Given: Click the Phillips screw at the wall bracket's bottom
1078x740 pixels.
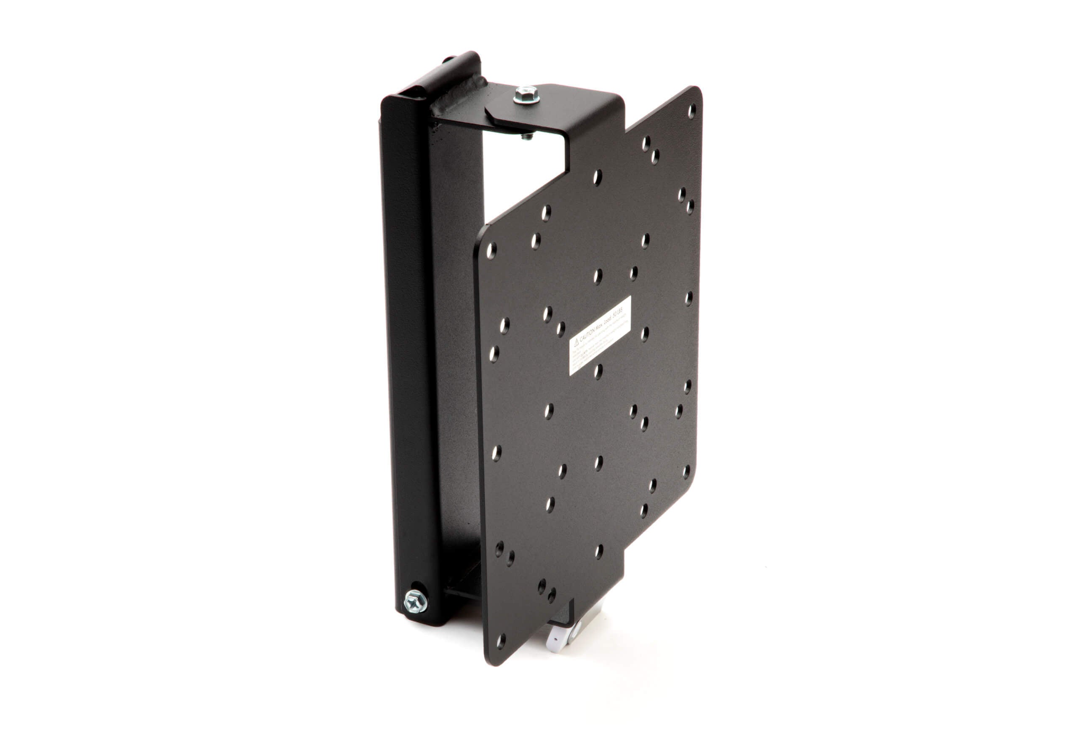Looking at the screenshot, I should point(415,602).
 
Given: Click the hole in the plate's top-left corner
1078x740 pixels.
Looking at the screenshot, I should point(491,251).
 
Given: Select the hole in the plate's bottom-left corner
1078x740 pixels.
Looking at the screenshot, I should point(501,641).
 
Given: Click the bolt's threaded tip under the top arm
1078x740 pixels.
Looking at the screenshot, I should point(527,136).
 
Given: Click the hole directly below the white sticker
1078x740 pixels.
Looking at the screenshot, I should point(598,371).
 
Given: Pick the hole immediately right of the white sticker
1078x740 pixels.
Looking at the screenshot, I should point(645,334).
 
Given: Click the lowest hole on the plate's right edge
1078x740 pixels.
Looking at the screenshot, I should point(686,472).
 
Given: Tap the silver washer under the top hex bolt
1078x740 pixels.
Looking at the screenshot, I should point(526,99).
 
